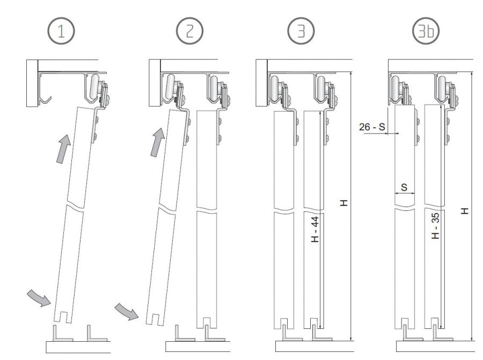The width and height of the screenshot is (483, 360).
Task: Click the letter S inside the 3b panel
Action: (x=404, y=187)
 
